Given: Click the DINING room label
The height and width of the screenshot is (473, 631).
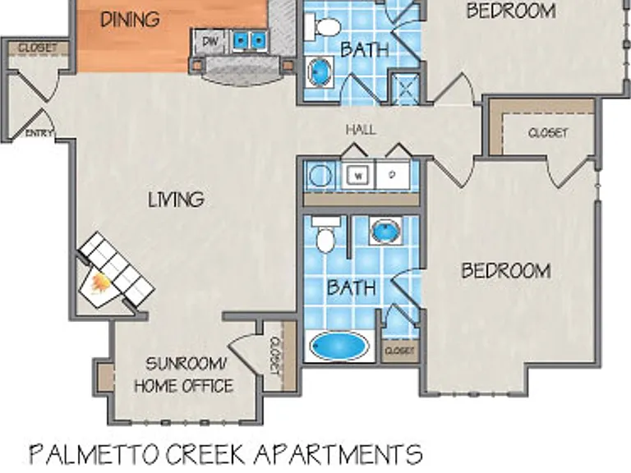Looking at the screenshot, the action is (x=130, y=20).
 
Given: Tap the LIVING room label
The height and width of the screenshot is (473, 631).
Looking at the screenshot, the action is (x=177, y=200).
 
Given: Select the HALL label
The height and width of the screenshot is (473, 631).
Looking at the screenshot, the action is (x=362, y=130).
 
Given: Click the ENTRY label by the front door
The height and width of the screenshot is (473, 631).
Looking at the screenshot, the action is (x=39, y=133).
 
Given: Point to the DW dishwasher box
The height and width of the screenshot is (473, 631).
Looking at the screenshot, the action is (x=210, y=41).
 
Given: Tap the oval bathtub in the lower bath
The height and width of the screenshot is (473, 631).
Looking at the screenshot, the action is (x=339, y=347).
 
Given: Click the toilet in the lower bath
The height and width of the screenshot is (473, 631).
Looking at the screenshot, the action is (x=325, y=236).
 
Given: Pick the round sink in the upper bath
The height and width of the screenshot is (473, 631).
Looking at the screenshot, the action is (x=320, y=72).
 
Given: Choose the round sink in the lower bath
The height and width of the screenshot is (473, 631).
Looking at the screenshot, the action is (x=385, y=231).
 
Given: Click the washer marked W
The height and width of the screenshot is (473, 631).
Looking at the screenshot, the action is (x=358, y=176).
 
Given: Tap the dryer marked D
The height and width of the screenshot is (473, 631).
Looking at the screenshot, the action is (x=393, y=176).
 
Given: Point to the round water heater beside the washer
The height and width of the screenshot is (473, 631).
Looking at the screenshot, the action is (x=320, y=176).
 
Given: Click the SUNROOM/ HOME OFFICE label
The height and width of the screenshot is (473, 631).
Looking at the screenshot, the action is (x=184, y=375).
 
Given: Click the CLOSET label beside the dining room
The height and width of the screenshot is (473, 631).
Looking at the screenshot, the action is (x=38, y=48).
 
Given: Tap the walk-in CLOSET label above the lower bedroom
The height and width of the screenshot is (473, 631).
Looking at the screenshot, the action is (x=548, y=133).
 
